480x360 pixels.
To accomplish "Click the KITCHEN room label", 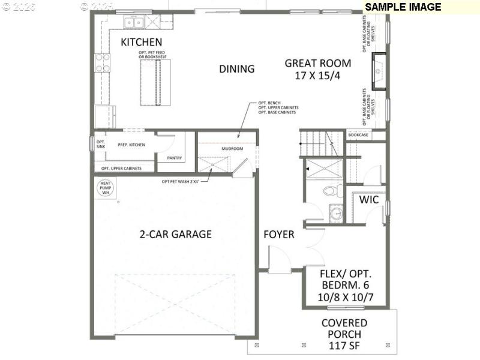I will pyautogui.click(x=142, y=42).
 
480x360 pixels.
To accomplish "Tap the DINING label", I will pyautogui.click(x=236, y=69).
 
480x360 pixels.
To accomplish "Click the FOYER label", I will pyautogui.click(x=279, y=235).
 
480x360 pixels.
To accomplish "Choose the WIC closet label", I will pyautogui.click(x=368, y=200).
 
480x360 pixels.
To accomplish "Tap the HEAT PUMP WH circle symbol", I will pyautogui.click(x=106, y=188).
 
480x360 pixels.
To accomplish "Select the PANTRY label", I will pyautogui.click(x=175, y=158).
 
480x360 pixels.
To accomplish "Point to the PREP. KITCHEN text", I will pyautogui.click(x=131, y=145).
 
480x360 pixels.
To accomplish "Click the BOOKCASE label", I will pyautogui.click(x=358, y=136).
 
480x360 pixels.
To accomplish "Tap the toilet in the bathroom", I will pyautogui.click(x=331, y=191).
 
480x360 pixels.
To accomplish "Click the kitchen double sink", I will pyautogui.click(x=133, y=23).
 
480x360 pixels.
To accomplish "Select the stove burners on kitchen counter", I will pyautogui.click(x=102, y=63).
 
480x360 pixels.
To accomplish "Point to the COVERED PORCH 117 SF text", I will pyautogui.click(x=344, y=334).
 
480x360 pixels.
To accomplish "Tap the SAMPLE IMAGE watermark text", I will pyautogui.click(x=403, y=7).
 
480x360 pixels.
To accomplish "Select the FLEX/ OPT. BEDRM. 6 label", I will pyautogui.click(x=344, y=284).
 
